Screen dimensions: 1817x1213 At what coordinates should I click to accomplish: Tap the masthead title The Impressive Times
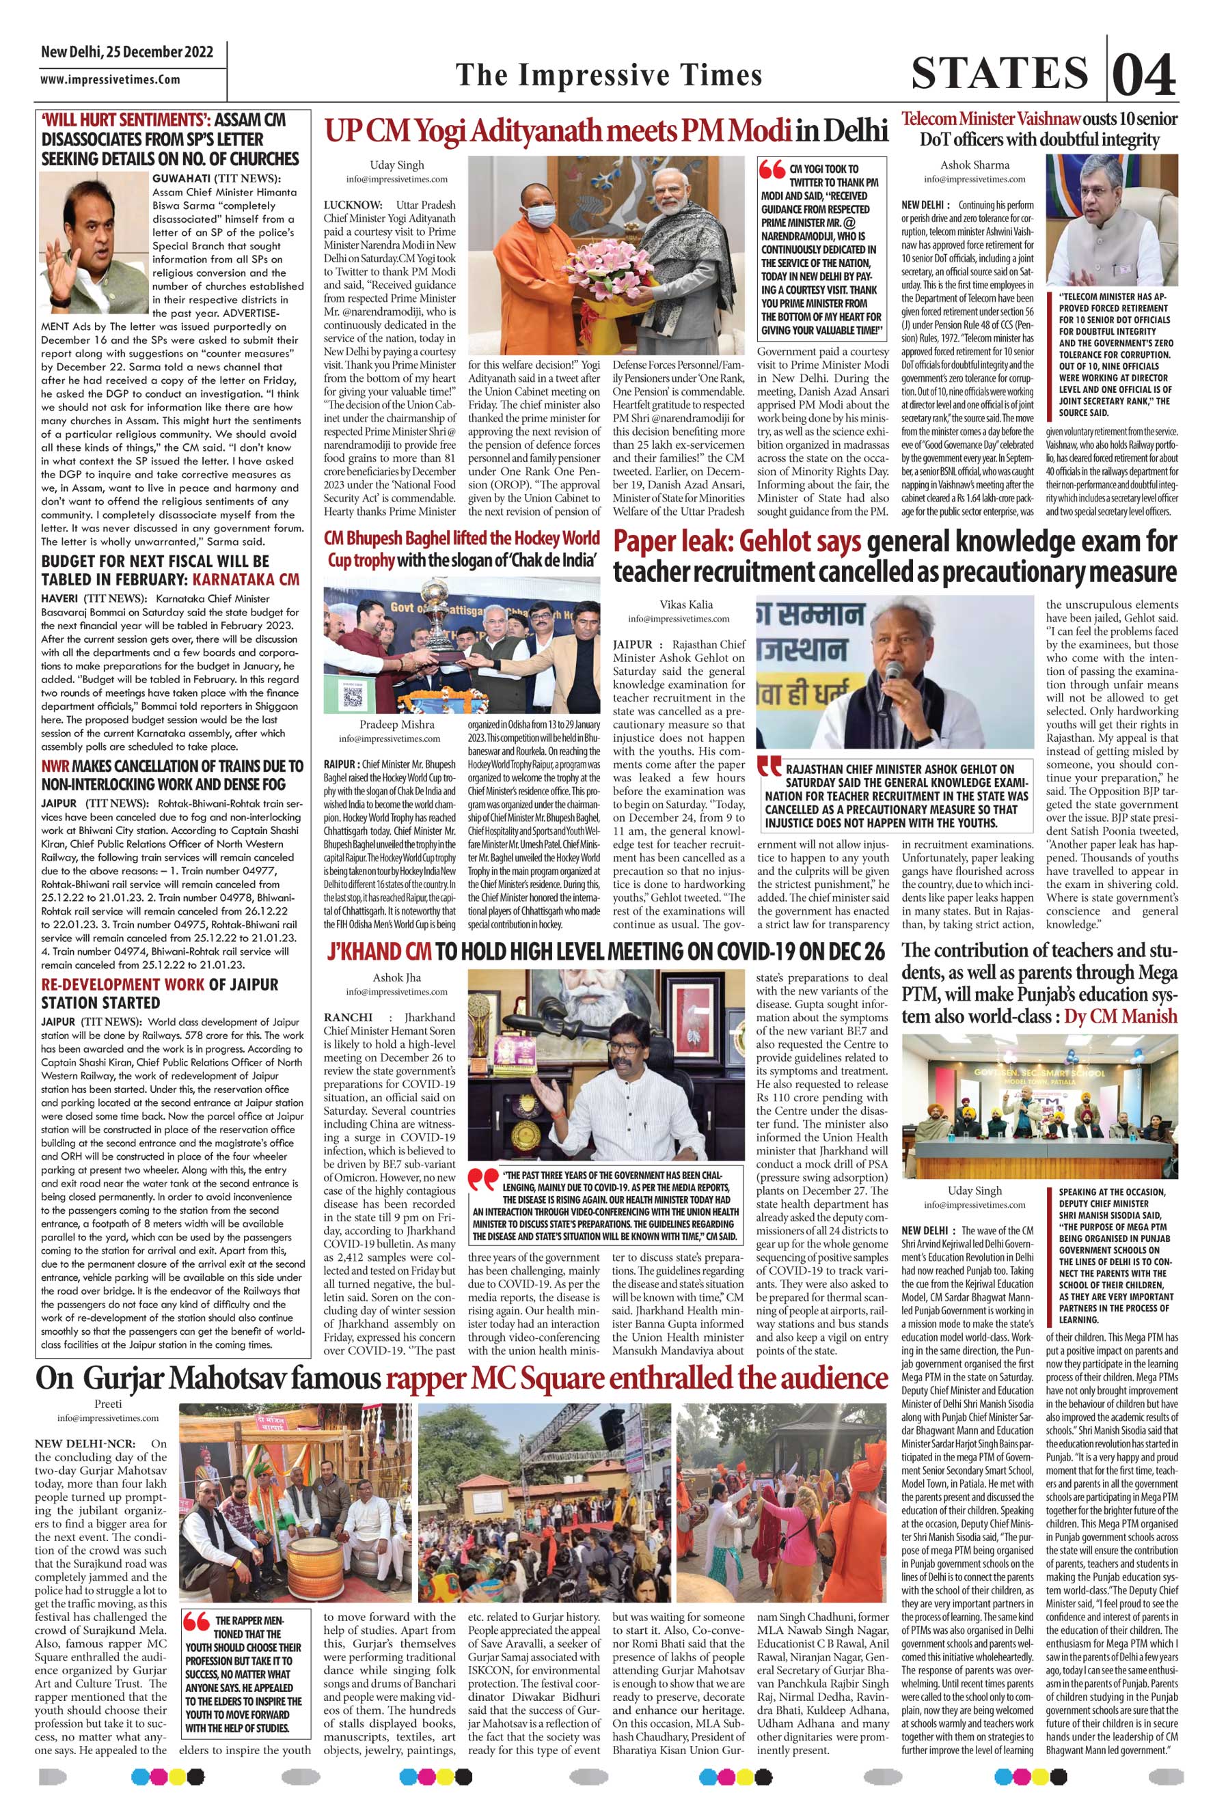pos(609,75)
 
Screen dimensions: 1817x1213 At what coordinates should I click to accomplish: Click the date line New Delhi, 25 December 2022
pos(128,53)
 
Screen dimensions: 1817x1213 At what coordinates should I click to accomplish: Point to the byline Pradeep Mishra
pos(397,725)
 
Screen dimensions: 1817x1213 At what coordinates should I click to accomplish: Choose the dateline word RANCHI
pos(350,1016)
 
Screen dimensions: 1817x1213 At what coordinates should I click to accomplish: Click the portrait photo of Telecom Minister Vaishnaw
pos(1111,221)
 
